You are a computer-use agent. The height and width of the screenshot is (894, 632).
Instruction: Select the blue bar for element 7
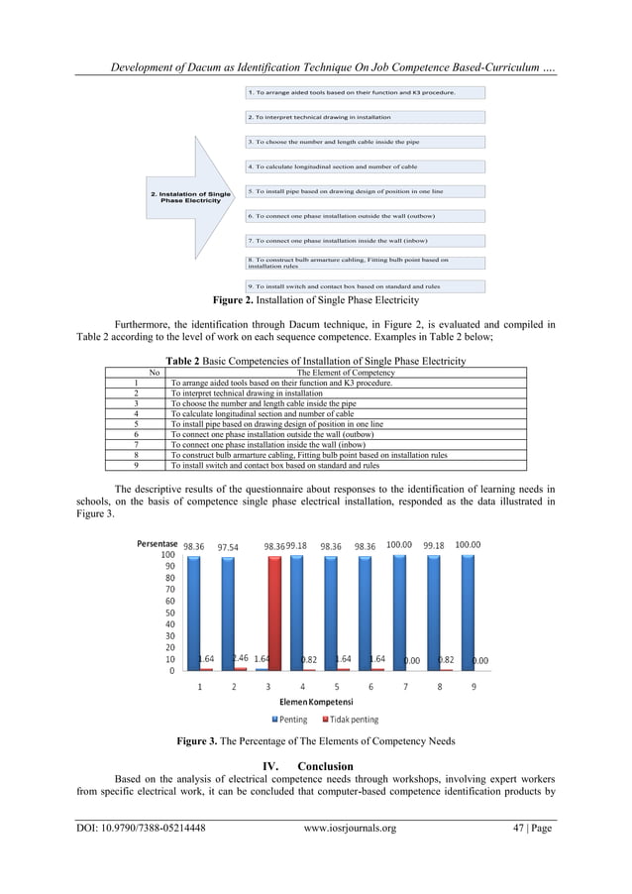(398, 613)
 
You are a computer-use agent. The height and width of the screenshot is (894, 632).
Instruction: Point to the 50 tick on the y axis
(169, 613)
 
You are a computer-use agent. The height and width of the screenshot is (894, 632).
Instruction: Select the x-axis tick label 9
(474, 685)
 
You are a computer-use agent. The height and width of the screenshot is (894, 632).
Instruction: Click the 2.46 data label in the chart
(240, 657)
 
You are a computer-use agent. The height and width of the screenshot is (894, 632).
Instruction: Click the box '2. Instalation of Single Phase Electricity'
(189, 196)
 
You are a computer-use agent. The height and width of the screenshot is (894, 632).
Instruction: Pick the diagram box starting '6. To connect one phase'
(366, 215)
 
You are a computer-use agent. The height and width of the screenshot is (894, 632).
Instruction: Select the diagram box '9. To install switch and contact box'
(366, 286)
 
